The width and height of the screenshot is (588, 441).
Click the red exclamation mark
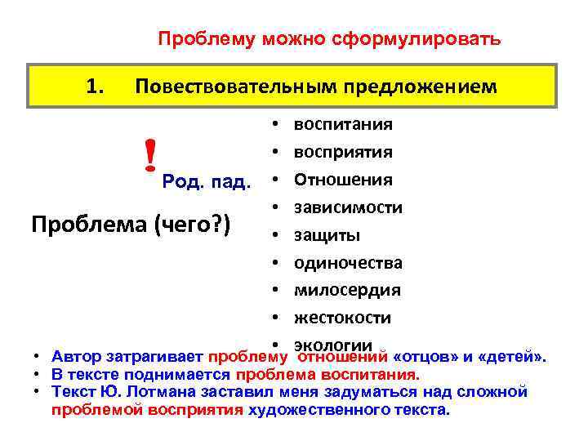coord(149,155)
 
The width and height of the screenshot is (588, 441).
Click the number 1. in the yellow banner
coord(96,85)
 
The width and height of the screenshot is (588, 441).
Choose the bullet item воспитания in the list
coord(343,125)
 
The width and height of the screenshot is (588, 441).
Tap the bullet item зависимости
coord(348,207)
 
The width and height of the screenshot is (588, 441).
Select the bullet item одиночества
coord(348,263)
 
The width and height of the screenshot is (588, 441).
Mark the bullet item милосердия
coord(347,290)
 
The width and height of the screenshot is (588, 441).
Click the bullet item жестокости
coord(342,318)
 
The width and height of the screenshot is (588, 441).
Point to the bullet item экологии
coord(332,345)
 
